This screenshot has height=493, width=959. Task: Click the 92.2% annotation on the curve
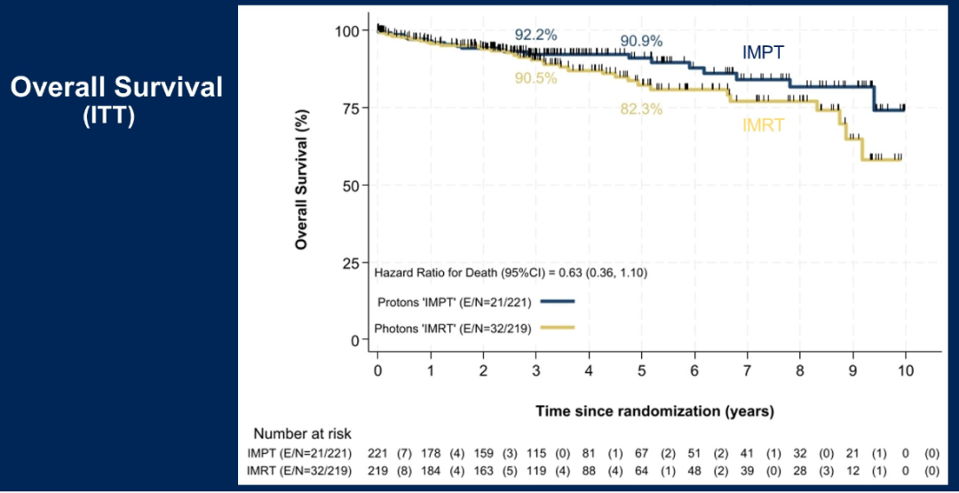coord(535,36)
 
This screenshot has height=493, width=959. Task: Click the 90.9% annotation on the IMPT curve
coord(641,42)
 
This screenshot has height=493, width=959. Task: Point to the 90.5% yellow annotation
coord(535,78)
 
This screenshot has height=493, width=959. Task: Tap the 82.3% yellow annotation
coord(641,110)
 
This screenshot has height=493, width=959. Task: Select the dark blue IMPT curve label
coord(763,52)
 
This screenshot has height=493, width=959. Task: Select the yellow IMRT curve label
coord(763,126)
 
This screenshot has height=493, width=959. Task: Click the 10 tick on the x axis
coord(905,369)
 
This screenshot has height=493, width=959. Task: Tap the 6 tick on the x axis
coord(694,369)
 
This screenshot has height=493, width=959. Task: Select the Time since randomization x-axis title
coord(654,411)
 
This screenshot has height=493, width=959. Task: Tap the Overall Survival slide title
coord(116,87)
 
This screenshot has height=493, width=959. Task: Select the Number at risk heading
coord(303,434)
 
